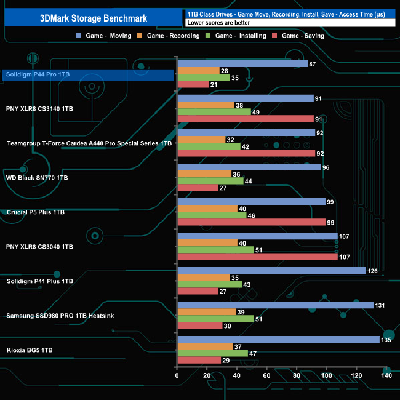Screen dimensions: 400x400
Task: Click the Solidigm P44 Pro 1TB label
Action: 38,74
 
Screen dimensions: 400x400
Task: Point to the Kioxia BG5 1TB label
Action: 30,350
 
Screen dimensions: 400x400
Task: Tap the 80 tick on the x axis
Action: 297,376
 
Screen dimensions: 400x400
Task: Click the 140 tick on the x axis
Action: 386,376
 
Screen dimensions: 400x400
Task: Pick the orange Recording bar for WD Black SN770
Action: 204,174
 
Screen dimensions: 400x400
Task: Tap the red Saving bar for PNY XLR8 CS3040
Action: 257,257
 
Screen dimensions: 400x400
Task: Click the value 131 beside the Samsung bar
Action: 381,305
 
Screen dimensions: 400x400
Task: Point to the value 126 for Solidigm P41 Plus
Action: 374,271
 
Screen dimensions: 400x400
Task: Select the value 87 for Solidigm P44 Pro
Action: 313,63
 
